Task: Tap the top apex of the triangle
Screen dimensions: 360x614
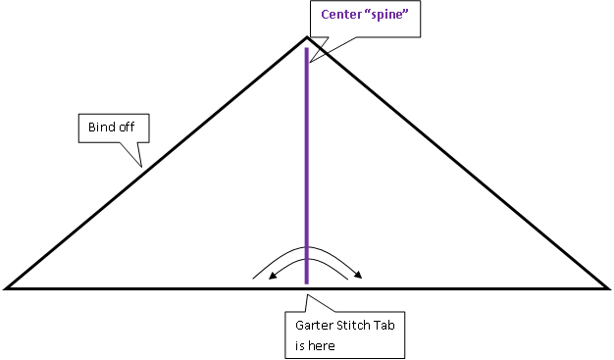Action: [x=307, y=38]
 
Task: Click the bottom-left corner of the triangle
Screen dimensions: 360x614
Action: [x=8, y=288]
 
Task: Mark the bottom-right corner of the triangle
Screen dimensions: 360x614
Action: [x=606, y=288]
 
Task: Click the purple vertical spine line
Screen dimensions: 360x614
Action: [x=307, y=167]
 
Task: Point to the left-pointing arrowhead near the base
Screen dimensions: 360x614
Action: [x=274, y=277]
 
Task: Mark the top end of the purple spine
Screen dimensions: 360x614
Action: [x=307, y=49]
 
